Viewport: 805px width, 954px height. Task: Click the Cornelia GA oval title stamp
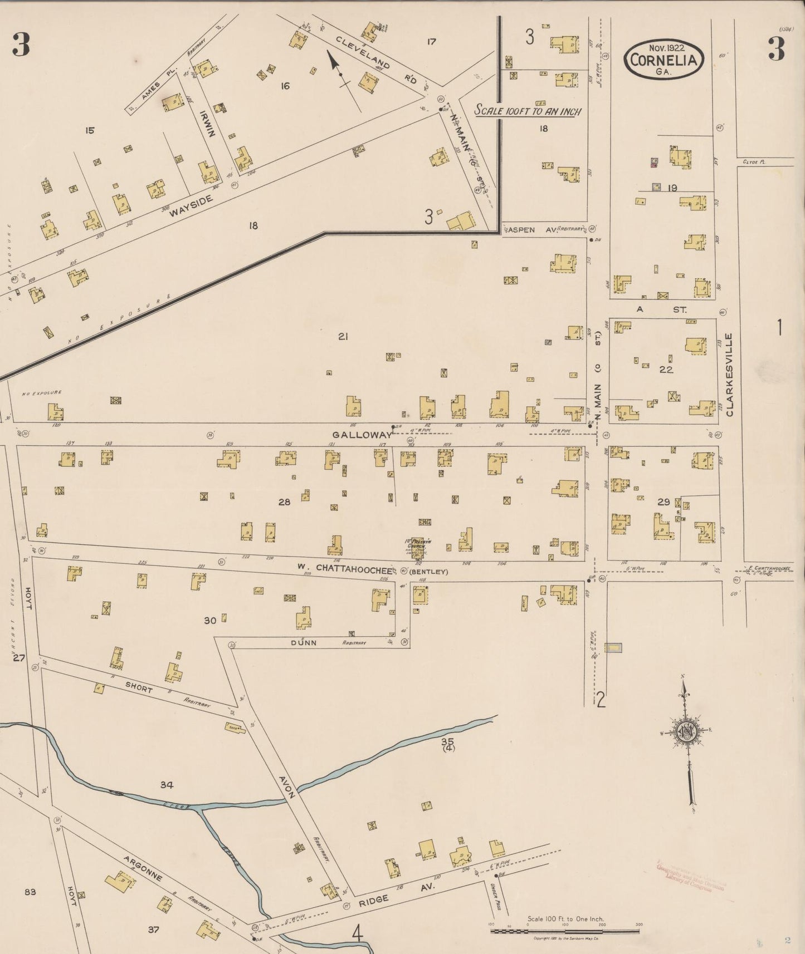(x=663, y=60)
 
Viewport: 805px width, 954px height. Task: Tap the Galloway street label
(x=363, y=435)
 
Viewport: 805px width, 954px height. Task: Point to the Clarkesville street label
(x=730, y=375)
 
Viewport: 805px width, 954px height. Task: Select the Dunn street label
(x=304, y=642)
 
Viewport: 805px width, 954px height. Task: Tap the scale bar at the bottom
(x=565, y=931)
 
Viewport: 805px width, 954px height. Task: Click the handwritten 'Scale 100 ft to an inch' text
(x=528, y=111)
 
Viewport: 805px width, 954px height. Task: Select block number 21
(x=343, y=336)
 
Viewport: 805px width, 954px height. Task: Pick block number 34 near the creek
(x=167, y=785)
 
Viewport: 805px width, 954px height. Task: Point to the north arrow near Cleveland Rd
(x=335, y=62)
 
